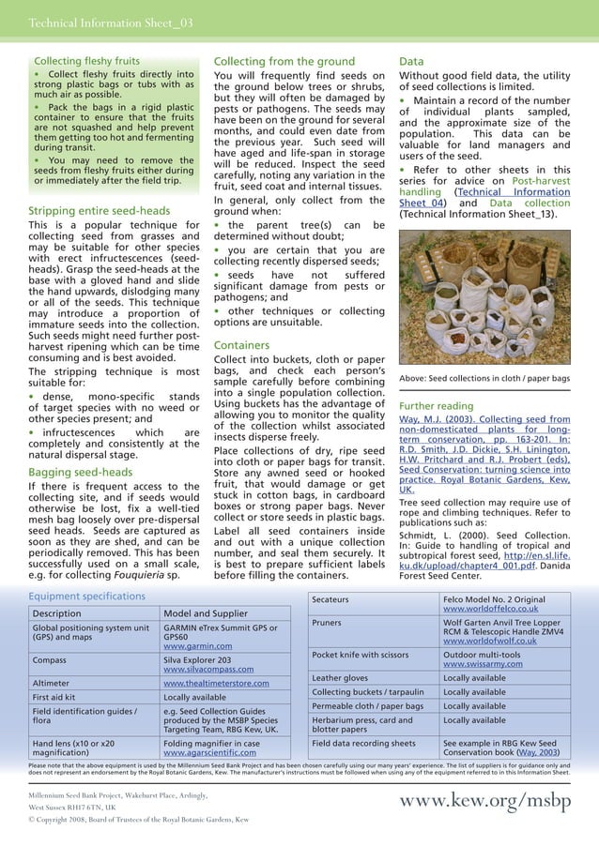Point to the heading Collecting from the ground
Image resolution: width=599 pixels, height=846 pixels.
284,61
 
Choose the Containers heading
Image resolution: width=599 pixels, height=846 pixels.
242,345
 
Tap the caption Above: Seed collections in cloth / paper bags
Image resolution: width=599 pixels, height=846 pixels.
484,379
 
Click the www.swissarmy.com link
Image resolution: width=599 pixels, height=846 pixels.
483,664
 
